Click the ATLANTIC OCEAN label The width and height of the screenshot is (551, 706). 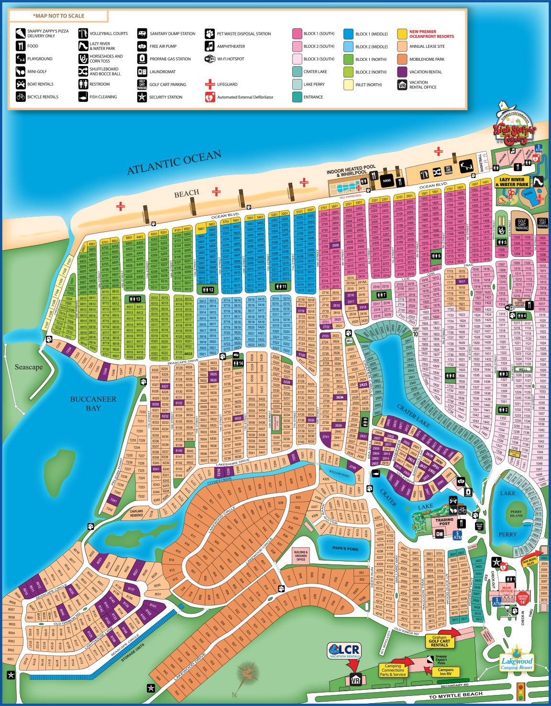coord(174,163)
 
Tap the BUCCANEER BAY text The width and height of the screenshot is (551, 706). coord(93,403)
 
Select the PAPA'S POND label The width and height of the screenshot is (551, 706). coord(345,548)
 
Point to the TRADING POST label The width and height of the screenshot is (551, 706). coord(444,521)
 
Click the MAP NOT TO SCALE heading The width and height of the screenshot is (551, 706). coord(58,16)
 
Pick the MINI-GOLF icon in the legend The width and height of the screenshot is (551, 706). coord(21,72)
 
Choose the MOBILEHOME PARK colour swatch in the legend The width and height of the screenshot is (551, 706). coord(402,72)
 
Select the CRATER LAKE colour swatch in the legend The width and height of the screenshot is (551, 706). coord(297,72)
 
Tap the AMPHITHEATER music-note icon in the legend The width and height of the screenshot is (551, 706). coord(209,46)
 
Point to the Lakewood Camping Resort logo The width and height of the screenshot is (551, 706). coord(516,660)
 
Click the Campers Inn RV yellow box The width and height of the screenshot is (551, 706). coord(445,672)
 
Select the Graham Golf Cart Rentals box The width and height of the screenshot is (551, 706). coord(439,641)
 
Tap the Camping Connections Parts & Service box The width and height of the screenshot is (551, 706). coord(393,670)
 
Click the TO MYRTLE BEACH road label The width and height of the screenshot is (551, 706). coord(455,695)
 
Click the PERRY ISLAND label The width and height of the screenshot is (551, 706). coord(516,514)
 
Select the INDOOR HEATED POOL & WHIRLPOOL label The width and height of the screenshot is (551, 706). coord(351,171)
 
